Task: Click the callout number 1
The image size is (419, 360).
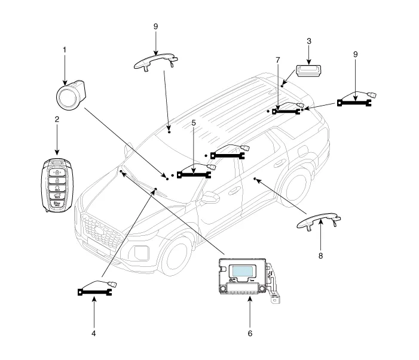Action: pos(65,51)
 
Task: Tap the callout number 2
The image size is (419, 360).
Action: pos(57,119)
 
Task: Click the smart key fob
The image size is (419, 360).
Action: pos(57,184)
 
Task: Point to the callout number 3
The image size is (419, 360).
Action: pos(308,41)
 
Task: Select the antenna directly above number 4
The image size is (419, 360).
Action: pos(97,289)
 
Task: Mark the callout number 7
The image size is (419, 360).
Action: pos(277,60)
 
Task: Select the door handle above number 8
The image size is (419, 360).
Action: pos(320,223)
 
